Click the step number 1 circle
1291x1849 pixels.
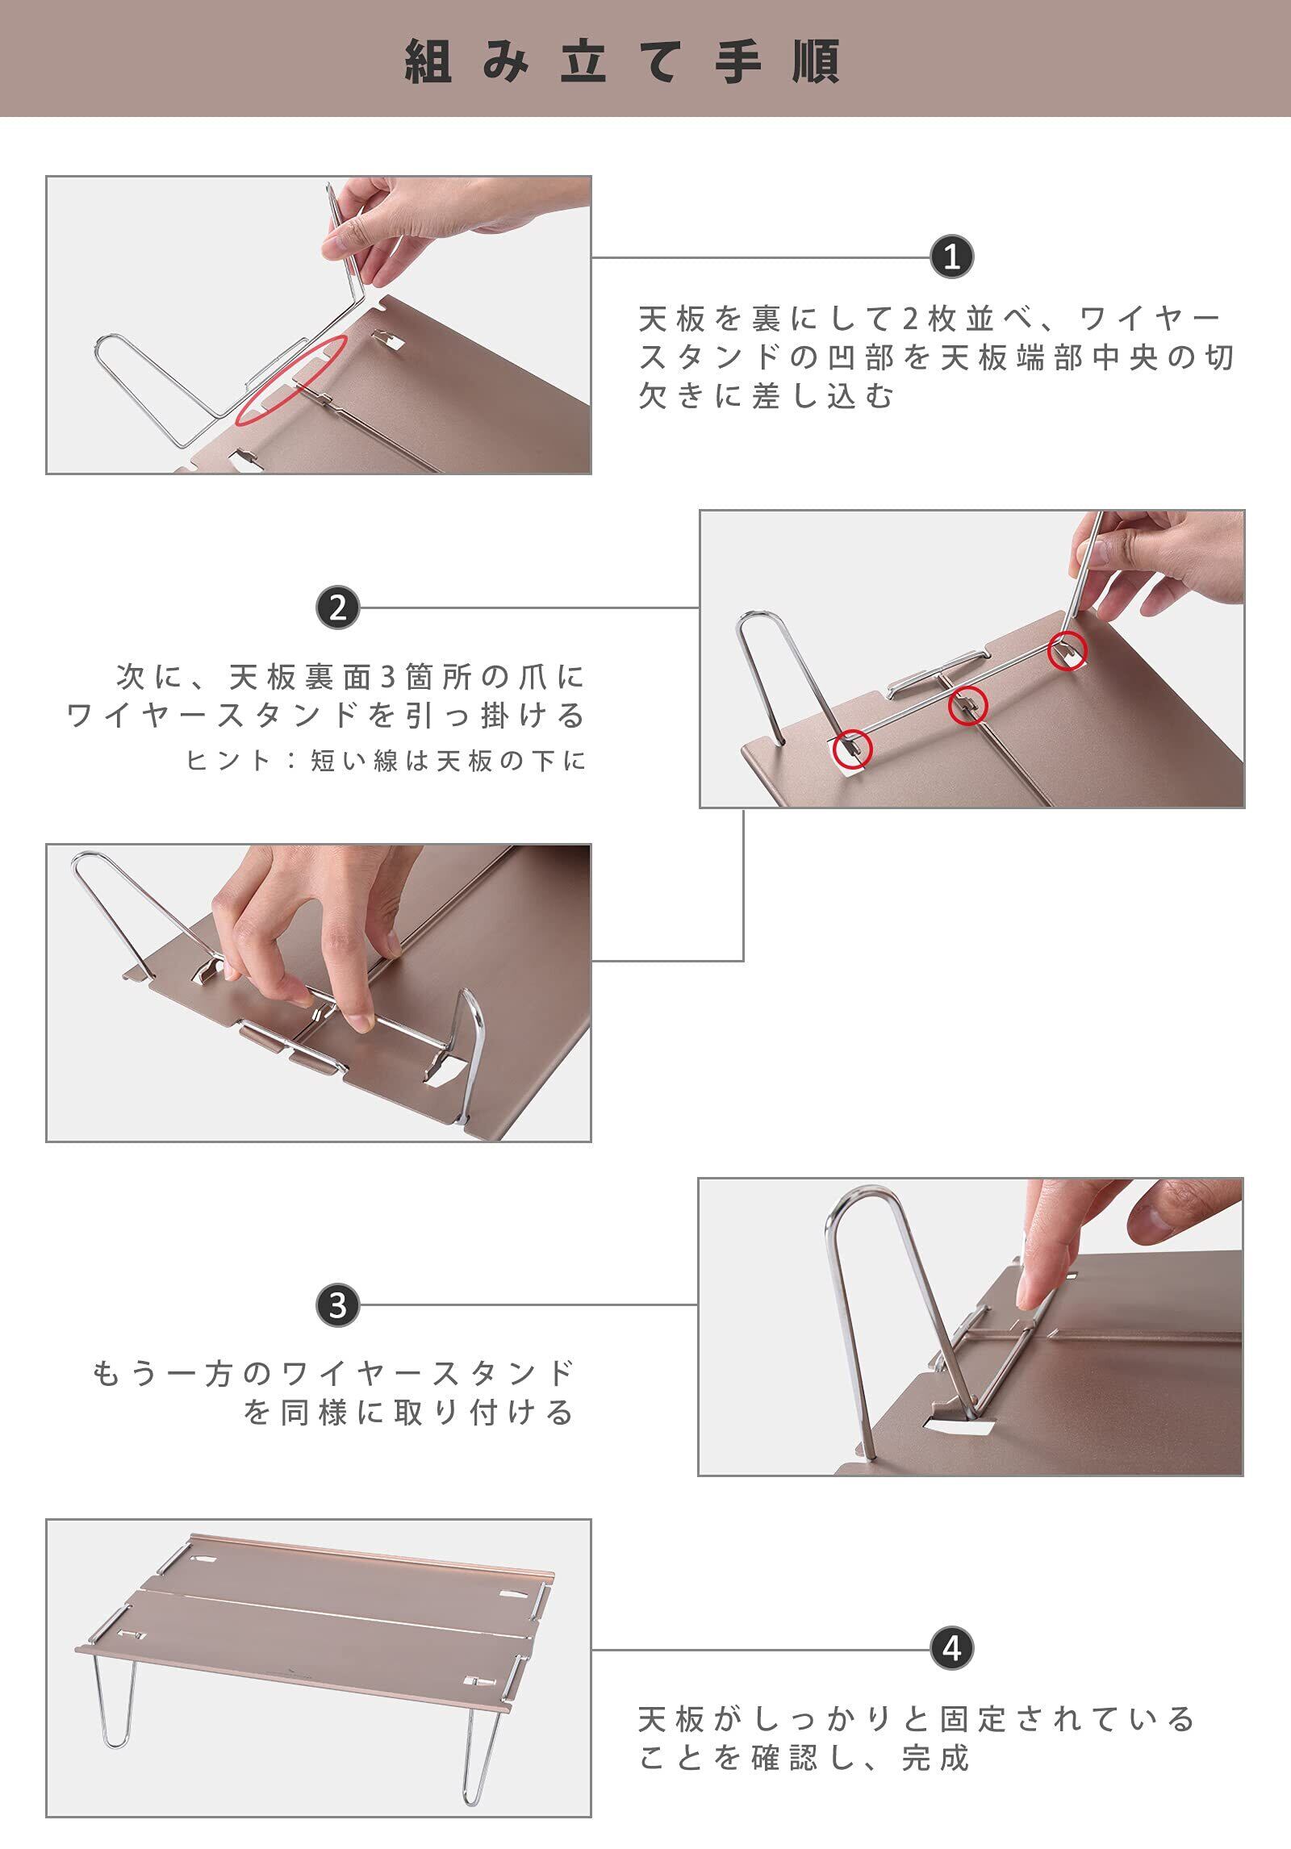(952, 257)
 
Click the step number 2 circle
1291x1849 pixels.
(338, 607)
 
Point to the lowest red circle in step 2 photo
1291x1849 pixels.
(852, 749)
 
